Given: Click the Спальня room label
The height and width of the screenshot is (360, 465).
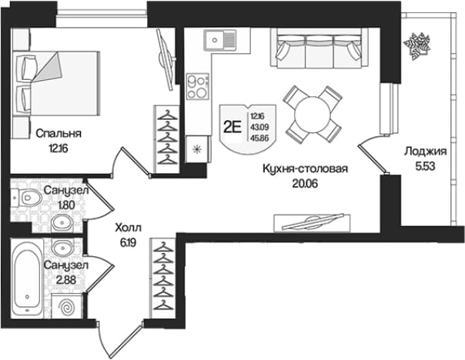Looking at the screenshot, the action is pyautogui.click(x=59, y=134).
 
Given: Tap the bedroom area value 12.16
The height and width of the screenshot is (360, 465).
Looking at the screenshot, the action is pyautogui.click(x=59, y=148).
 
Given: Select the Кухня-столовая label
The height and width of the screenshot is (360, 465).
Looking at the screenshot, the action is pyautogui.click(x=305, y=169).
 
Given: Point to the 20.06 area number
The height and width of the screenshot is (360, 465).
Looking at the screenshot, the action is pyautogui.click(x=305, y=184).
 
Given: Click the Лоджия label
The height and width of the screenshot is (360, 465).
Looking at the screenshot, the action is pyautogui.click(x=425, y=152).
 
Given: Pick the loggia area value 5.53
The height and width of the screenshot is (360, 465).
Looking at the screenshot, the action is pyautogui.click(x=425, y=166).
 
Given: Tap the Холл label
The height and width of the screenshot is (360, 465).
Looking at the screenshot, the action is pyautogui.click(x=128, y=228).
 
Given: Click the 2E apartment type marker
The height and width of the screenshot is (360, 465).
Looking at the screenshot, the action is pyautogui.click(x=232, y=128).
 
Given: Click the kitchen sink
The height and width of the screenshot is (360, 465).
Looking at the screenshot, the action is pyautogui.click(x=219, y=40).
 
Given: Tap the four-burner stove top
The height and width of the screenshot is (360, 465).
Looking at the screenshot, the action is pyautogui.click(x=198, y=86).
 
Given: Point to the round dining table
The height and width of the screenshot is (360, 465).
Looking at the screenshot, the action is pyautogui.click(x=313, y=115).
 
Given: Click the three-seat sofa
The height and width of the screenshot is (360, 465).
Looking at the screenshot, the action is pyautogui.click(x=319, y=48).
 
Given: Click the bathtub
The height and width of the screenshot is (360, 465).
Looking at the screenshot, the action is pyautogui.click(x=27, y=279).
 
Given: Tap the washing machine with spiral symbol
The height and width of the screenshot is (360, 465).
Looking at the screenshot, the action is pyautogui.click(x=67, y=306).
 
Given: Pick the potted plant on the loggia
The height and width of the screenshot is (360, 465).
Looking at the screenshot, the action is pyautogui.click(x=417, y=45).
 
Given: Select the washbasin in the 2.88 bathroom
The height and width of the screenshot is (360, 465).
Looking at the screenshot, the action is pyautogui.click(x=62, y=246).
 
